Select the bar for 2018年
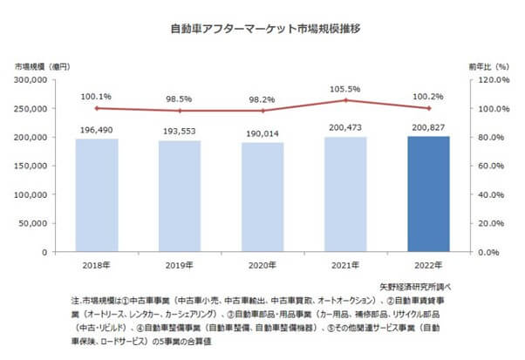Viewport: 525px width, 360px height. (x=96, y=195)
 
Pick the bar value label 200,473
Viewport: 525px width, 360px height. (x=345, y=127)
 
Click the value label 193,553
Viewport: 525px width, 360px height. (x=179, y=131)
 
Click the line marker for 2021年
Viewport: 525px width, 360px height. (x=345, y=100)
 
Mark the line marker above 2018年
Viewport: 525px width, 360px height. (x=96, y=108)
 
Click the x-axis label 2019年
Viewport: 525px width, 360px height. (x=179, y=266)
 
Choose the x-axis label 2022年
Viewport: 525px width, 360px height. (x=428, y=266)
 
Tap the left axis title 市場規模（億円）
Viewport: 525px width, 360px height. (x=42, y=66)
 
